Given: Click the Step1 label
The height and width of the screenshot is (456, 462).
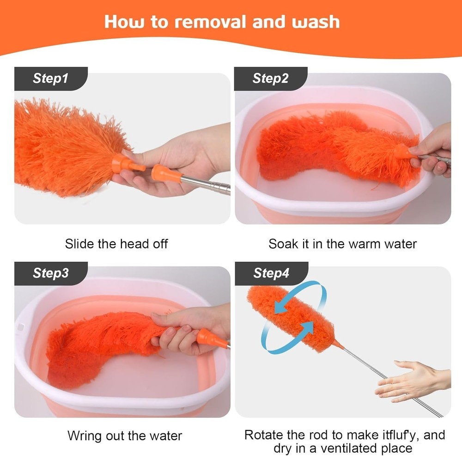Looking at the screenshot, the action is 50,79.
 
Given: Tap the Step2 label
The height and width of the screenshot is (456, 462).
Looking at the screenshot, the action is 270,79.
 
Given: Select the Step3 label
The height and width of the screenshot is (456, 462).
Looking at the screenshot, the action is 51,273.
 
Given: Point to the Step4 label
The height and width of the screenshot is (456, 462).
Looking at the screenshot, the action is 271,273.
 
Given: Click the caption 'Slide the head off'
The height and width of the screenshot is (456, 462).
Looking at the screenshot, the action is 116,244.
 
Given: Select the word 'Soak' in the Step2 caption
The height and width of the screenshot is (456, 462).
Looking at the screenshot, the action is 283,244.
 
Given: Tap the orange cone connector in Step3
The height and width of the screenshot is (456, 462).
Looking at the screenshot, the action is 212,339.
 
